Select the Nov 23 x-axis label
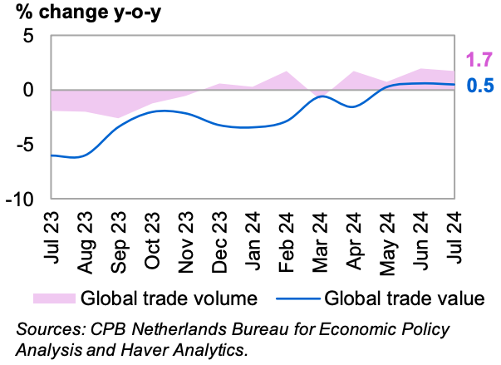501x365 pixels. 186,239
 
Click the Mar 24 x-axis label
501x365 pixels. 320,238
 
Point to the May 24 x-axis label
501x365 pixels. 387,239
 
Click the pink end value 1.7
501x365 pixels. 479,60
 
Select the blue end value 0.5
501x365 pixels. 479,86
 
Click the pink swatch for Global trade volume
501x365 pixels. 52,298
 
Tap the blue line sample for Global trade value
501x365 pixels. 291,298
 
